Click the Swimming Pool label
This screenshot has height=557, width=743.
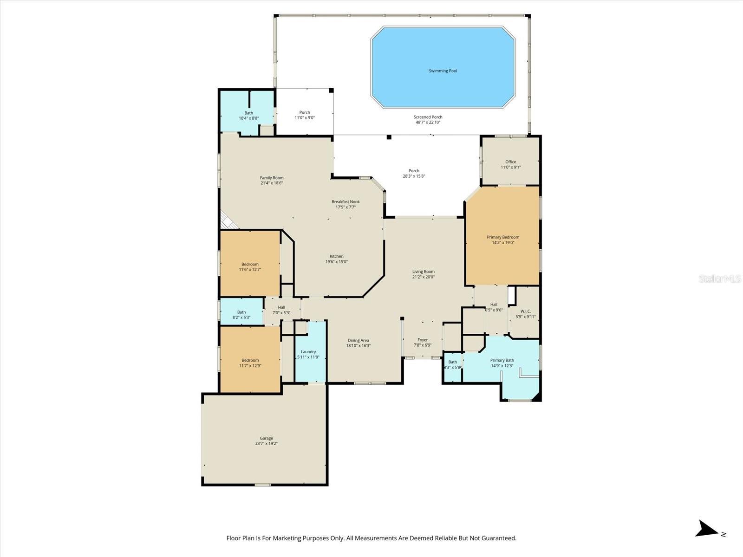click(x=443, y=71)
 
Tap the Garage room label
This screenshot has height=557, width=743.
click(x=266, y=438)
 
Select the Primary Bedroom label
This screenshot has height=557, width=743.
click(x=503, y=237)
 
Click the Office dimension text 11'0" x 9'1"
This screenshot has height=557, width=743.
click(x=510, y=167)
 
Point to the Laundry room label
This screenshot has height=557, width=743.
click(x=308, y=352)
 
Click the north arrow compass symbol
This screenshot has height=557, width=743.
click(x=709, y=529)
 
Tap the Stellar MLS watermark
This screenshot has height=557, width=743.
click(x=719, y=279)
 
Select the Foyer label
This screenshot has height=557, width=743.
click(x=422, y=340)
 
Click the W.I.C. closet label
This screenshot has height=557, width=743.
click(x=525, y=311)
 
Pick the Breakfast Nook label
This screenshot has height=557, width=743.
click(x=345, y=202)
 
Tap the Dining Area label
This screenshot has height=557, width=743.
click(x=358, y=341)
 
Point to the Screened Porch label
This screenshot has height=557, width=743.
click(x=428, y=117)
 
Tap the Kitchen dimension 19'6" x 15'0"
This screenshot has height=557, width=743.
click(x=336, y=262)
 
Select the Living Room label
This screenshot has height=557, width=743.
click(x=423, y=272)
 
